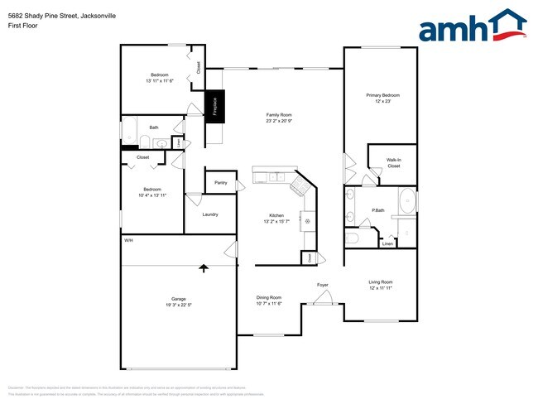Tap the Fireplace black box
point(214,106)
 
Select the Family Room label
point(279,118)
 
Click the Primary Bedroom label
point(383,98)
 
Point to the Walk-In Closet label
point(393,163)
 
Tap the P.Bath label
point(379,210)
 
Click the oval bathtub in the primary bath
point(407,202)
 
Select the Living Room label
point(381,285)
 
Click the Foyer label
point(323,286)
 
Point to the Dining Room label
point(268,300)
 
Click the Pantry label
point(220,182)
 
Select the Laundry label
point(210,214)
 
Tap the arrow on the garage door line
point(204,267)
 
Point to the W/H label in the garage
point(128,240)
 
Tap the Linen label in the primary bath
point(387,243)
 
